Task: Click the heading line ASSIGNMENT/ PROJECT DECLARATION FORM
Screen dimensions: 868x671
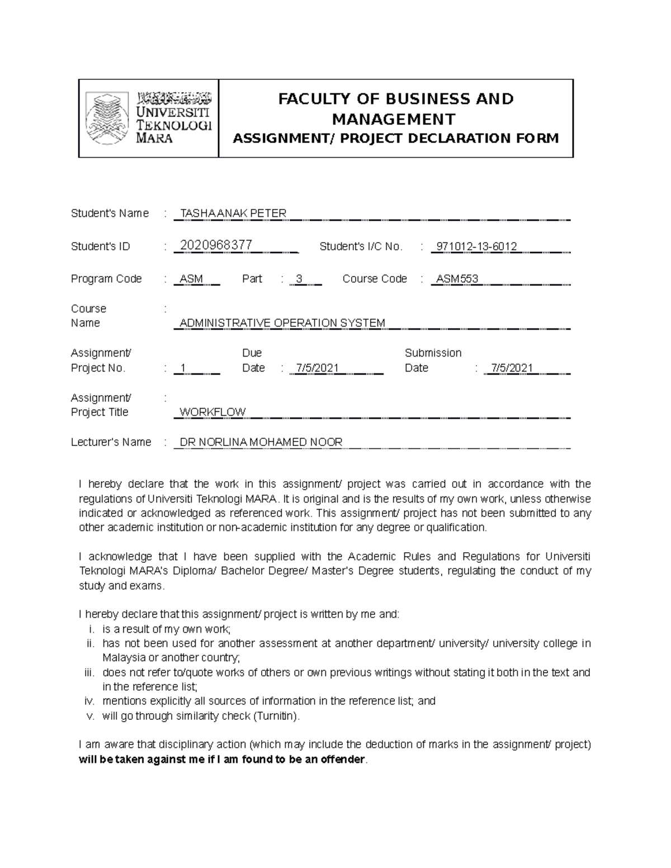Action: coord(395,139)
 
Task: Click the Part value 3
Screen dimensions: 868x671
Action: coord(299,279)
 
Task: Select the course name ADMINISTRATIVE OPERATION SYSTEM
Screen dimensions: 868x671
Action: coord(282,323)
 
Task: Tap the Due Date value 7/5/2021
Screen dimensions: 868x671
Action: coord(317,368)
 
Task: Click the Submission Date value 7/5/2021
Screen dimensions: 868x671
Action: coord(511,368)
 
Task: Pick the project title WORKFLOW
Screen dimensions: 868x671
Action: coord(212,412)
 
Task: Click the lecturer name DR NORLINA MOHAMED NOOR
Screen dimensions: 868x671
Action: coord(261,442)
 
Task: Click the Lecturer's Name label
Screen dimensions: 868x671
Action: coord(111,442)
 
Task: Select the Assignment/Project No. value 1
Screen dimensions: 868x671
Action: coord(183,368)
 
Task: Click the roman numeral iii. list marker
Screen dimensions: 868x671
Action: coord(89,673)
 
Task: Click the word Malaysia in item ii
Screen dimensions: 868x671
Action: coord(124,658)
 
